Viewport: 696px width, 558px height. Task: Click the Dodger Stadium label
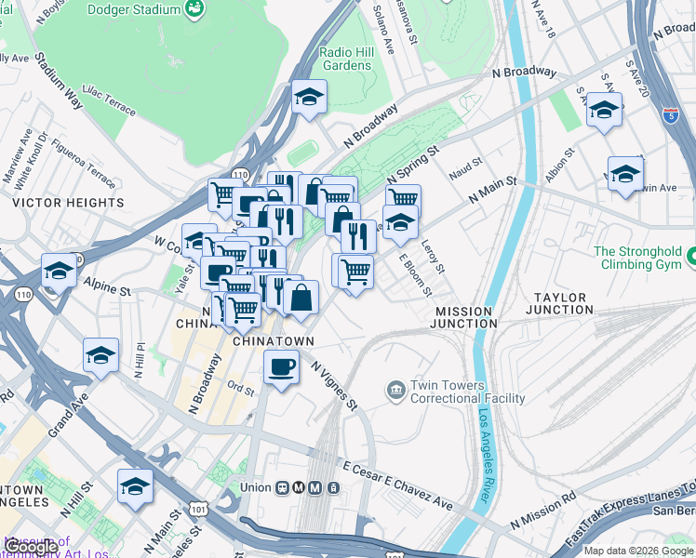(x=134, y=10)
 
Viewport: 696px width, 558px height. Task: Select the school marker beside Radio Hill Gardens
(x=309, y=97)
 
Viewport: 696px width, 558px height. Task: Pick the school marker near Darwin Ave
(x=625, y=173)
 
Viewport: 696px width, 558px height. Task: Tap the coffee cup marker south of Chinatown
(x=281, y=366)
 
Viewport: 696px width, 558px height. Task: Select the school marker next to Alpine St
(x=59, y=272)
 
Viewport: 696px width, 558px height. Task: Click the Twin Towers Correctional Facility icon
(x=395, y=387)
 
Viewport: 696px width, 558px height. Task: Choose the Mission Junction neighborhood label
(x=465, y=317)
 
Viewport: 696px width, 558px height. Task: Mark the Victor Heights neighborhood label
(x=68, y=202)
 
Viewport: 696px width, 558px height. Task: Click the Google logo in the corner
(x=31, y=546)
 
